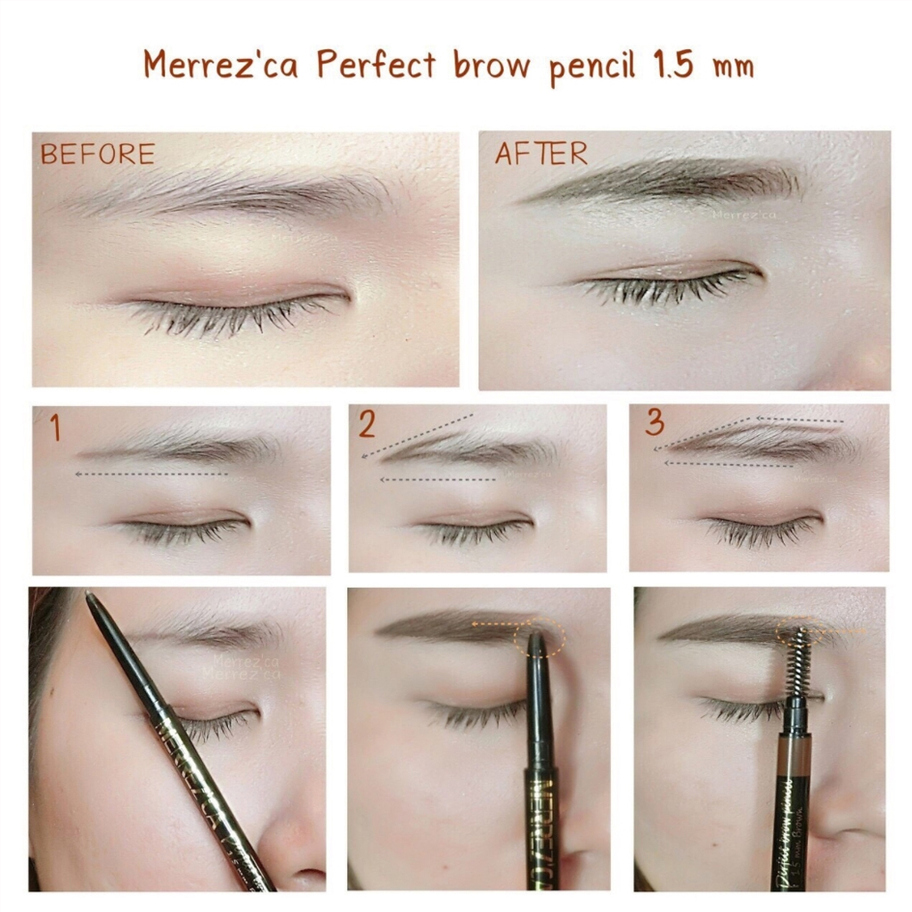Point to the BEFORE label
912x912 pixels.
[x=97, y=154]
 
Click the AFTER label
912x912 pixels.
[x=541, y=153]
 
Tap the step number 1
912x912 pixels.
[x=55, y=429]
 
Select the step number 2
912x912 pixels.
[x=367, y=426]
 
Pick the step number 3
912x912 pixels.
[x=655, y=424]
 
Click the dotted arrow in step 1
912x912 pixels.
[x=151, y=475]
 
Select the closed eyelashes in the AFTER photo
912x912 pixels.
[x=668, y=285]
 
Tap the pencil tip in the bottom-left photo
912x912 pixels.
[x=91, y=598]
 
